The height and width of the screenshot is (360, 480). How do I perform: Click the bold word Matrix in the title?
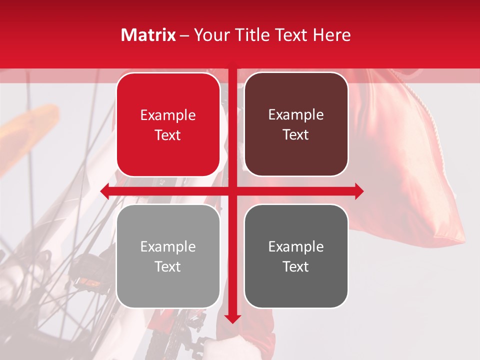pos(148,35)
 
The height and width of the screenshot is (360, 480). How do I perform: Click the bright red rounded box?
pos(168,124)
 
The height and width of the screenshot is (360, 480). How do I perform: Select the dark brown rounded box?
pos(296,124)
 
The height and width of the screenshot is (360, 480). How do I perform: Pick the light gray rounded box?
pos(168,256)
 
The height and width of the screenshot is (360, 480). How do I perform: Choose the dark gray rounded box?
pos(296,256)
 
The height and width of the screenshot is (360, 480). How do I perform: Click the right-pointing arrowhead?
pos(359,191)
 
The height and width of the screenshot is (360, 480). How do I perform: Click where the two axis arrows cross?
pos(232,191)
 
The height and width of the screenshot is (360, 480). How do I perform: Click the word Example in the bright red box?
pos(168,115)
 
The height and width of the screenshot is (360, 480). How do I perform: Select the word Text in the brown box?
pos(296,135)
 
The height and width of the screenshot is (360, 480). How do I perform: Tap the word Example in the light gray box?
pos(168,246)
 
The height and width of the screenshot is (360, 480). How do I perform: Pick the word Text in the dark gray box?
pos(296,266)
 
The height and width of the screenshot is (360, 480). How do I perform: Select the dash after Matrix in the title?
pos(184,35)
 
